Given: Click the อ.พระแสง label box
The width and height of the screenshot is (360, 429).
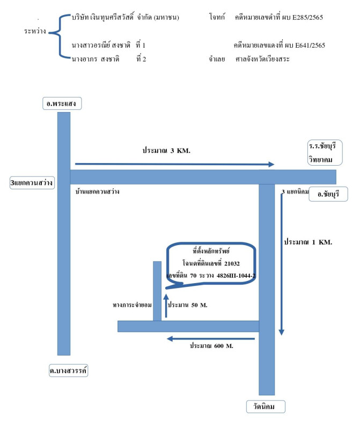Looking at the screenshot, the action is point(62,103).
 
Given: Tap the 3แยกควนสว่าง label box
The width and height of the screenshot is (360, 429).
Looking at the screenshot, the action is point(32,182).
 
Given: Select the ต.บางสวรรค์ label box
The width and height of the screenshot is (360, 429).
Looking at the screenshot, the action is point(69,371).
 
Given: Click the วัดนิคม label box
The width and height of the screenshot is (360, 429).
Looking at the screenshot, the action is point(266,406).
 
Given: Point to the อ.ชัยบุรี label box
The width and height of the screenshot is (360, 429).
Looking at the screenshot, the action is point(328,194).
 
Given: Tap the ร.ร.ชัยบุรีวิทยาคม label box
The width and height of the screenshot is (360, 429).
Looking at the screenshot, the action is point(325,153).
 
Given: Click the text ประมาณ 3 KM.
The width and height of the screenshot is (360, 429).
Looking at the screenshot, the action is point(166,150).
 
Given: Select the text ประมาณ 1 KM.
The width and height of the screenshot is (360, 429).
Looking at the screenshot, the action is point(308,242).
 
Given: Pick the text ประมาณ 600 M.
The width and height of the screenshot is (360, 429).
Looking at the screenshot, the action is point(211,346).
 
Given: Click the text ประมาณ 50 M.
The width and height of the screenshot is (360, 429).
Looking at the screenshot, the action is point(188,305).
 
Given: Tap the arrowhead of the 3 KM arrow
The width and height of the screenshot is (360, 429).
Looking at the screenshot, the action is point(271,164).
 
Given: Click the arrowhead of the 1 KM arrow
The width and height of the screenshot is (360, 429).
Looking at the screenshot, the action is point(282,332).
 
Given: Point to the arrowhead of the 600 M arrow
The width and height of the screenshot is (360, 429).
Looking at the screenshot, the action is point(170,339).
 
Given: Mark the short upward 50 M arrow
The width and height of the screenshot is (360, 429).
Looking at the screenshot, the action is point(166,306).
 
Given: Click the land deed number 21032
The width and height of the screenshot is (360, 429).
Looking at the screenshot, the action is point(232,263).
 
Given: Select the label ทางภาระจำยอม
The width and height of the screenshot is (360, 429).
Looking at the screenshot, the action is point(132,305).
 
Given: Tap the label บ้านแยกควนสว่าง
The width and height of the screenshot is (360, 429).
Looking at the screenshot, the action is point(98,191).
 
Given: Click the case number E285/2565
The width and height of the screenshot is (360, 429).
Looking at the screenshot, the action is point(308,17).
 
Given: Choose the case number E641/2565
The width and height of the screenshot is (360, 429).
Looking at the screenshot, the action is point(310,45).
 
